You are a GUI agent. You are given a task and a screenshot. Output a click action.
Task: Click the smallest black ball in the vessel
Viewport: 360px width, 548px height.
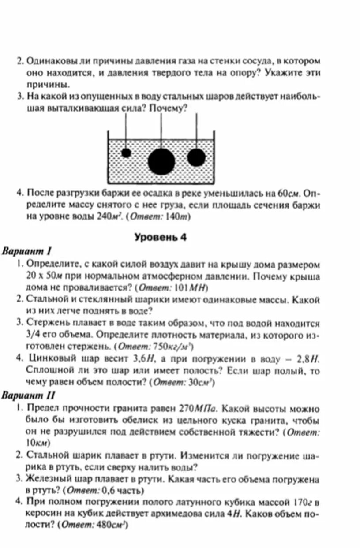point(126,153)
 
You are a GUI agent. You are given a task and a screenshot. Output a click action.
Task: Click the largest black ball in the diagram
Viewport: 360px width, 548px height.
point(161,161)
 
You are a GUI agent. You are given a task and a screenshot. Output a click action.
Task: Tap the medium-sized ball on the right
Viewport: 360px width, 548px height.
point(196,157)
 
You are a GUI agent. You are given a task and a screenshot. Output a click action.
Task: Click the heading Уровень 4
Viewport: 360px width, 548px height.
point(161,237)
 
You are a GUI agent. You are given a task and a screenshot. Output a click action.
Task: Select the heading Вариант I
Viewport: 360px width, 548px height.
point(27,251)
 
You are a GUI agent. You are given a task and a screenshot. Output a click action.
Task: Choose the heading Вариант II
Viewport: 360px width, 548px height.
point(29,395)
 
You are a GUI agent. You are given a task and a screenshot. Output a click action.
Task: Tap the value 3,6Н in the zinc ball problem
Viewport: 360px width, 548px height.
point(141,359)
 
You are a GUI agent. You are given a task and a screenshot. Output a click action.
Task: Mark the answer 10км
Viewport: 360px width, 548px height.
point(38,442)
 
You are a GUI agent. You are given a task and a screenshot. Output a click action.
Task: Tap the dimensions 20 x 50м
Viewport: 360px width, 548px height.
point(46,276)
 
